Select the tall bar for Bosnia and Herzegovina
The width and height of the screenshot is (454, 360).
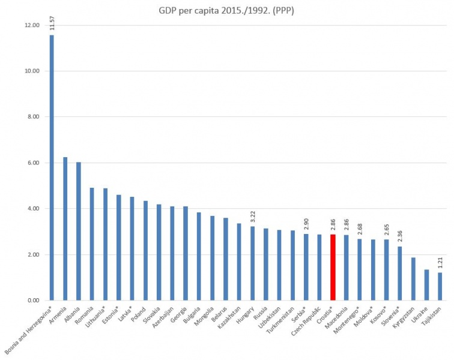pos(52,168)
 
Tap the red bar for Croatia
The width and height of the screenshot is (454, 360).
pos(333,268)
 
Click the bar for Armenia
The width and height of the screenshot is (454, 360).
pos(65,229)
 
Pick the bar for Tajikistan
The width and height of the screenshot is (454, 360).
pos(440,286)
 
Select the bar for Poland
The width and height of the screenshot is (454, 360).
pos(145,250)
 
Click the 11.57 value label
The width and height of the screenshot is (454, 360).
pos(52,23)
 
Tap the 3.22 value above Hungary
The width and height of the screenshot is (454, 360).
pos(253,216)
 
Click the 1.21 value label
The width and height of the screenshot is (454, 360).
pos(440,262)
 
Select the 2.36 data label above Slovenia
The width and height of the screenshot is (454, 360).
pos(399,236)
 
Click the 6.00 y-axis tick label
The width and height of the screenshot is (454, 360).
pos(33,163)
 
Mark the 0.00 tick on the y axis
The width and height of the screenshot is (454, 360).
pos(33,300)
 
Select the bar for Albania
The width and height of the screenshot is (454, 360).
pos(79,231)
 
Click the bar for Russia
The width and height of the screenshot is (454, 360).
pos(266,264)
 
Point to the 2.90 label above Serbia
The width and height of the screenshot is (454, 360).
pos(306,224)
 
